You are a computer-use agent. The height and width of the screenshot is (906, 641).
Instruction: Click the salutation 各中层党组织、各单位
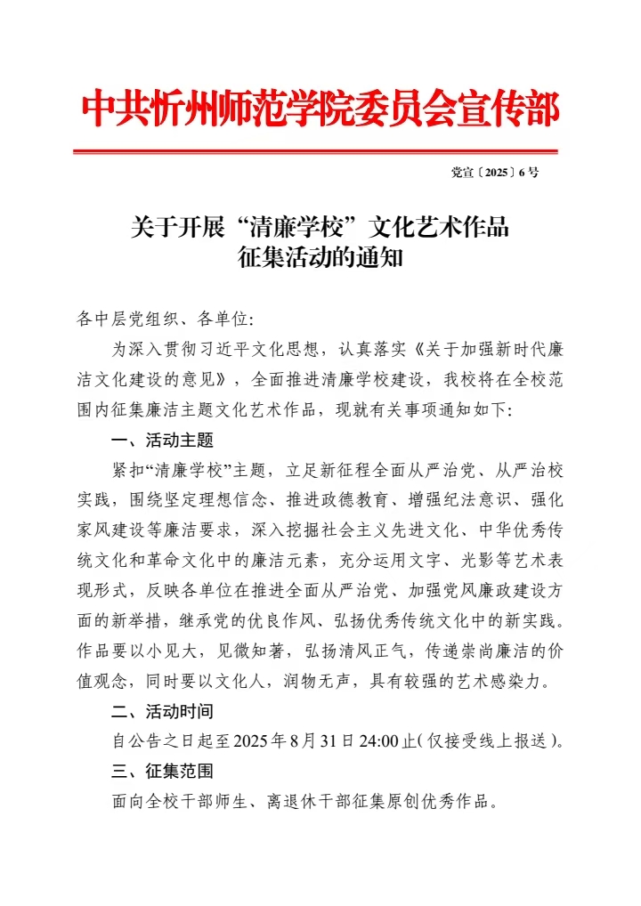click(x=164, y=319)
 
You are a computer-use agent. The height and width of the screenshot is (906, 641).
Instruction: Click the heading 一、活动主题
click(x=163, y=440)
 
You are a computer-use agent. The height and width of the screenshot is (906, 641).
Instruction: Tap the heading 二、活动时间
click(x=163, y=711)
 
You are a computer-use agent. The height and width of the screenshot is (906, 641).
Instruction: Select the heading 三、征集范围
click(x=163, y=771)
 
